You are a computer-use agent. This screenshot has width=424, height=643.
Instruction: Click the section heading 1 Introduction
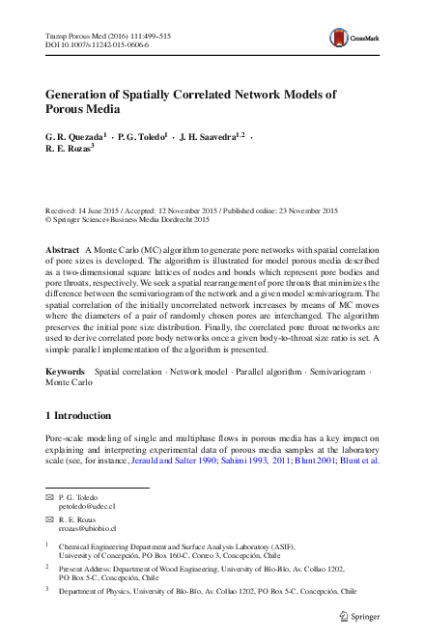[x=85, y=415]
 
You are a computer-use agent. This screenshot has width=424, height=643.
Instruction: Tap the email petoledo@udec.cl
[x=87, y=506]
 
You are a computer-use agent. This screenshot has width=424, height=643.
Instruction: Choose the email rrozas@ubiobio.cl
[x=88, y=529]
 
